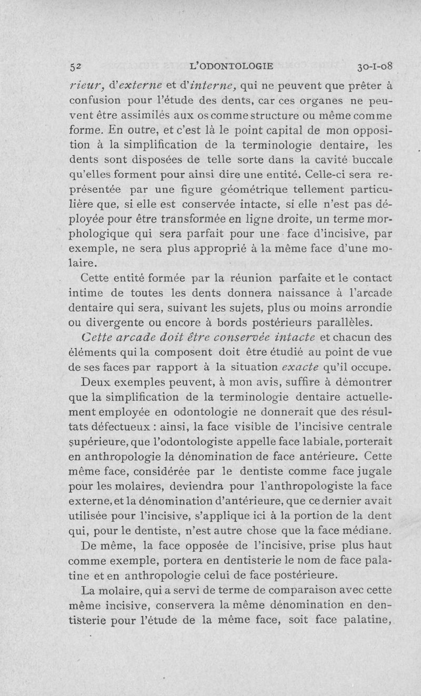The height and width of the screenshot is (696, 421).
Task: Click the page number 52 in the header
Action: [x=76, y=66]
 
